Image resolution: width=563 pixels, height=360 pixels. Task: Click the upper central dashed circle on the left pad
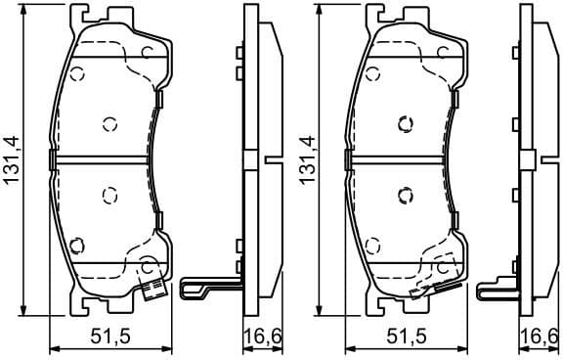(109, 123)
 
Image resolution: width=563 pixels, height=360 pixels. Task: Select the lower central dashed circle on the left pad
(109, 195)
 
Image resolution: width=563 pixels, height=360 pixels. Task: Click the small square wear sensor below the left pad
(152, 289)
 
